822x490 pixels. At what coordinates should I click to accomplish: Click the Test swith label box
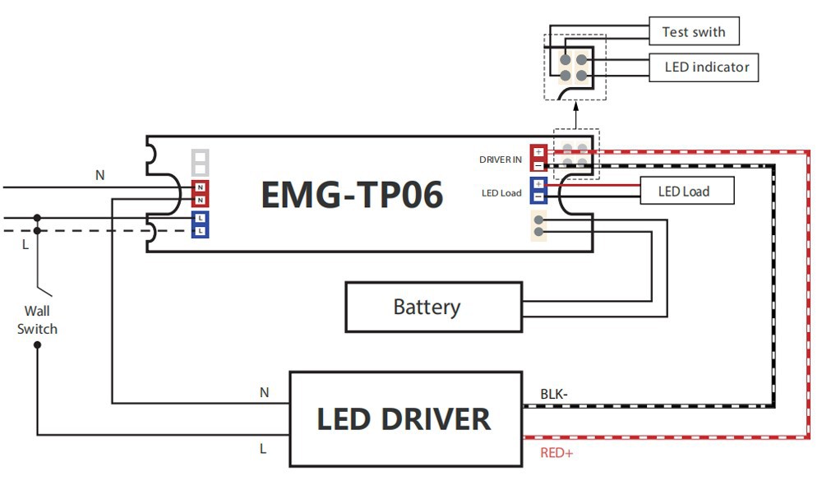694,32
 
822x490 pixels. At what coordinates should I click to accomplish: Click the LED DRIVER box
405,418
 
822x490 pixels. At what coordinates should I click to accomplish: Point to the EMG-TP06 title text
352,195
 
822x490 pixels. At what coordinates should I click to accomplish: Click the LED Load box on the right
686,192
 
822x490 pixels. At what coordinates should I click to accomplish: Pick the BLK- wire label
553,394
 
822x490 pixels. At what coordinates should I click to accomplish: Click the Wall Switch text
37,320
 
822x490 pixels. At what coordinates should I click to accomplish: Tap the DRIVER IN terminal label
500,159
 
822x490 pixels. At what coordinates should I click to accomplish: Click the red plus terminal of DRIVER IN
538,152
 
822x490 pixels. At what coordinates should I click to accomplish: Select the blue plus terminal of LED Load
538,184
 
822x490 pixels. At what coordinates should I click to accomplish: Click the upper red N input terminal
200,187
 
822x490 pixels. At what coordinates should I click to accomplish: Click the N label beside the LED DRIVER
264,393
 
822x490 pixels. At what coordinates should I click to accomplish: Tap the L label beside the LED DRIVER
263,449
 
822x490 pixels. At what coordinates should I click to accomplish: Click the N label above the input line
100,174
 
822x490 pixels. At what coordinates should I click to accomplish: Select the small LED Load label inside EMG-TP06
501,193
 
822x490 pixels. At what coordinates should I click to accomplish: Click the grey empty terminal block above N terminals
200,161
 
